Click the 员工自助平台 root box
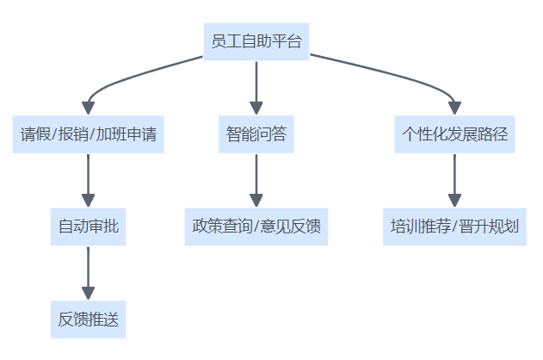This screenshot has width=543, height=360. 256,41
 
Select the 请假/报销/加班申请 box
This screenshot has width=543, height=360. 88,134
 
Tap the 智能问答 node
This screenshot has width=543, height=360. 256,134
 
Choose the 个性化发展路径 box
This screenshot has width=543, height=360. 455,134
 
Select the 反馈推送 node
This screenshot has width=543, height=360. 88,320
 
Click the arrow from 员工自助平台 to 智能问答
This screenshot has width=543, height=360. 256,86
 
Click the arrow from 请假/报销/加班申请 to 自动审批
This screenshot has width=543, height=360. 88,179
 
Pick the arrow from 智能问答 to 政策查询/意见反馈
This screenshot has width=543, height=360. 256,179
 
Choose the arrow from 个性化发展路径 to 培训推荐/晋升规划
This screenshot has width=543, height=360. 455,179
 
